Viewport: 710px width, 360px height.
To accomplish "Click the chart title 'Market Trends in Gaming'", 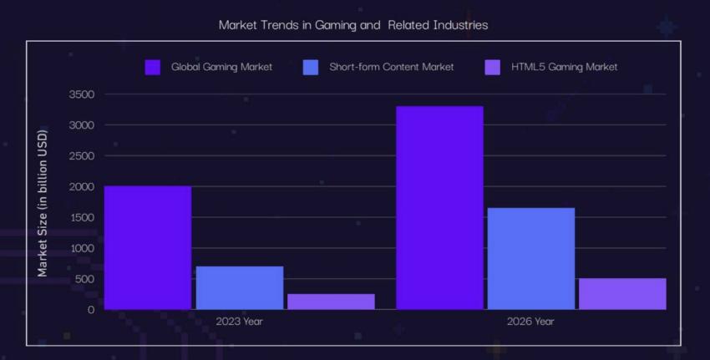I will point(352,25).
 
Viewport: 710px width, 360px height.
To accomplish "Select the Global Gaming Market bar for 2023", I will point(148,247).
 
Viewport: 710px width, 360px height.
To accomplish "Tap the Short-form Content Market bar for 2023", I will point(239,287).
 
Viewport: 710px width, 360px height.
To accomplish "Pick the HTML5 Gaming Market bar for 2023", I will point(331,302).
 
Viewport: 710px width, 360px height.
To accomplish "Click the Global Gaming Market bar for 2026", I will point(439,207).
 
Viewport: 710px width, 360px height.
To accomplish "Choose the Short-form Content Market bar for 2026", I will point(530,258).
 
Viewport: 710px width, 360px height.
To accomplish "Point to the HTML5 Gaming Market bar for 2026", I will point(622,294).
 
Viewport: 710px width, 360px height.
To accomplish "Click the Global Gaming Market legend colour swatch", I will point(153,67).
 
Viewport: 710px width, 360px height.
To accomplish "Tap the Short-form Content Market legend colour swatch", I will point(311,67).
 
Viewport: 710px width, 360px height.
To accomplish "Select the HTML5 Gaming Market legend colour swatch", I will point(493,67).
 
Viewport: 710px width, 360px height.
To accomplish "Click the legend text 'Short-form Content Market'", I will point(391,67).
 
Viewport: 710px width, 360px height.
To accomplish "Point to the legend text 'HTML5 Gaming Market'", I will point(565,67).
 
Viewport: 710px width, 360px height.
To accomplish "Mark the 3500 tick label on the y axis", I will point(81,94).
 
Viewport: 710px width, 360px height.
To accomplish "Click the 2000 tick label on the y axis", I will point(81,186).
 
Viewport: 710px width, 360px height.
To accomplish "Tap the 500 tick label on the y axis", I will point(85,279).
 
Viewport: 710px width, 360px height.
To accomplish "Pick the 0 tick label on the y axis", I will point(91,309).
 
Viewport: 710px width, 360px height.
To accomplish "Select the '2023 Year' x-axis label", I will point(239,322).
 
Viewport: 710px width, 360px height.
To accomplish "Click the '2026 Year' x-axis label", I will point(530,322).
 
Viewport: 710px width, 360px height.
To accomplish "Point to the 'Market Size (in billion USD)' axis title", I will point(43,202).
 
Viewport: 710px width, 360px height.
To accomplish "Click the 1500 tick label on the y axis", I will point(81,217).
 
